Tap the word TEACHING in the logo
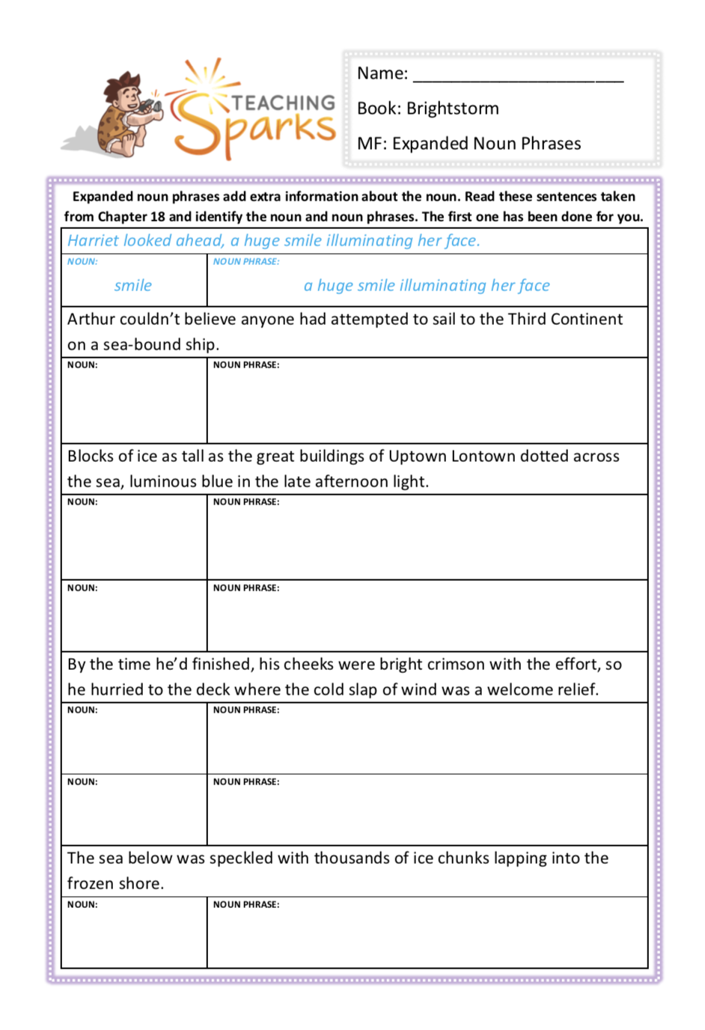click(284, 103)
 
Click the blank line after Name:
click(518, 76)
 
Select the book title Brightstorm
click(453, 109)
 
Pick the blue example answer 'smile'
click(133, 285)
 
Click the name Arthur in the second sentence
click(91, 319)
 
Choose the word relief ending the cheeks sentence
click(576, 689)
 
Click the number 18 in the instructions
click(157, 217)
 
